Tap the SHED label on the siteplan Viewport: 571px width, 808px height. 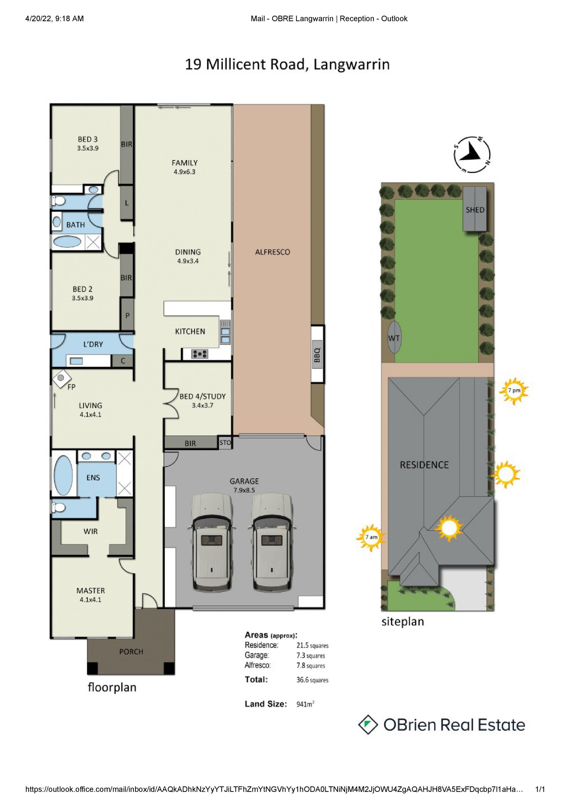click(475, 210)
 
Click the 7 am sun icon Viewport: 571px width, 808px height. click(371, 537)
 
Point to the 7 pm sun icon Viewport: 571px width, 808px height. click(514, 391)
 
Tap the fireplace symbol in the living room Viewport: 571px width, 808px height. click(61, 378)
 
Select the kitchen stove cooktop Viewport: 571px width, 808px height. click(200, 354)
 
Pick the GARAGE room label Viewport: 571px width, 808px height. click(244, 481)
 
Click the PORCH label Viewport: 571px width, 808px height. click(131, 652)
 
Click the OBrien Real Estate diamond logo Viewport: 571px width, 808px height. click(368, 725)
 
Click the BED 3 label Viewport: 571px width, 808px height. click(88, 139)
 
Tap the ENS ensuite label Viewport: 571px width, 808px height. click(93, 477)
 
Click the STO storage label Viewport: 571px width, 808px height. click(225, 442)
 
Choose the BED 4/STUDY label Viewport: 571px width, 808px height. click(203, 396)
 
